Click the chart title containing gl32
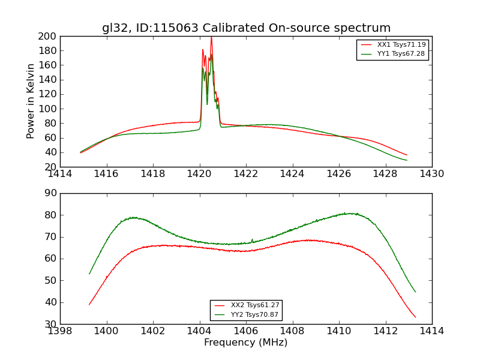point(246,28)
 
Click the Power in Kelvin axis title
point(31,101)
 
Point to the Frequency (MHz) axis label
point(246,343)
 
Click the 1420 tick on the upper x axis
point(200,173)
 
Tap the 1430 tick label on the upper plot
point(432,173)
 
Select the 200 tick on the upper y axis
point(48,37)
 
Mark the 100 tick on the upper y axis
point(48,109)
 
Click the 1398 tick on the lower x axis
point(61,331)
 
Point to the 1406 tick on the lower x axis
point(246,331)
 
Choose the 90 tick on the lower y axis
point(50,193)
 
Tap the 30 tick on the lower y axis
point(50,324)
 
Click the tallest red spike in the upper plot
point(211,37)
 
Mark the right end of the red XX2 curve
point(415,317)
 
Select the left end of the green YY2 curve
point(89,274)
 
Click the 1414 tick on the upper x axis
point(61,173)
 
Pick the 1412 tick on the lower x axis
point(385,331)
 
